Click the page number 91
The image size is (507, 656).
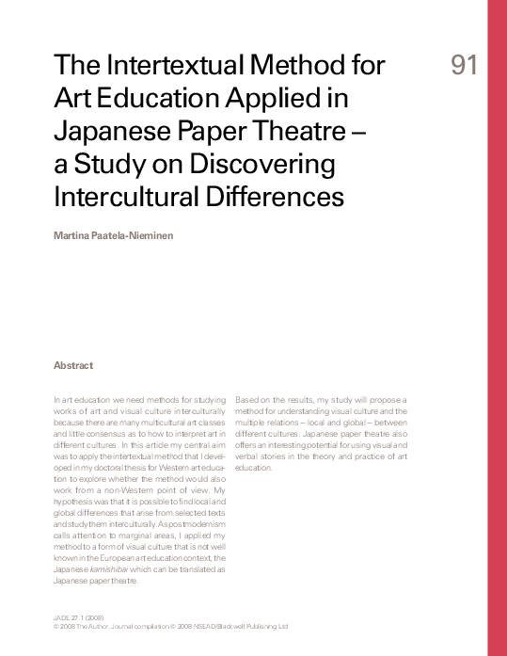[464, 65]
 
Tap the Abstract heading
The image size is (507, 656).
[73, 365]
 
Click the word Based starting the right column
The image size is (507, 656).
[246, 399]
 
